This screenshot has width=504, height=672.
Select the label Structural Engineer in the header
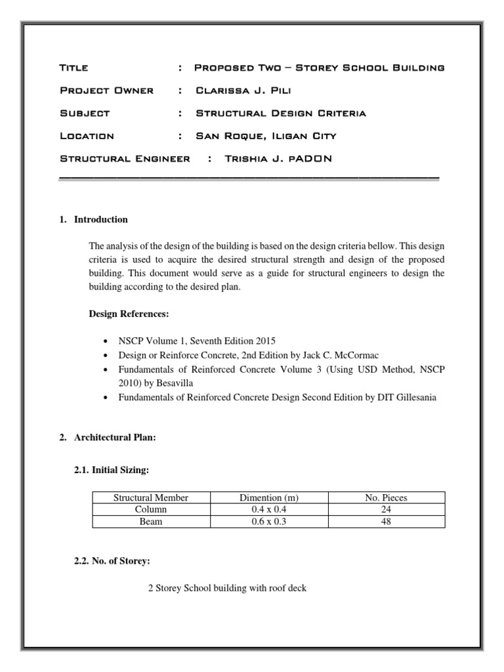tap(125, 159)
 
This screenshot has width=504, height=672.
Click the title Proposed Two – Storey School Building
tap(320, 68)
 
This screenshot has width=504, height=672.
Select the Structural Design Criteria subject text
tap(281, 113)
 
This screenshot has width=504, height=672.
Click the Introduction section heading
tap(101, 220)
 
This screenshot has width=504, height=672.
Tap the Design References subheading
tap(129, 314)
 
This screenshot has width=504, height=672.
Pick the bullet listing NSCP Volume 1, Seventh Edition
tap(196, 341)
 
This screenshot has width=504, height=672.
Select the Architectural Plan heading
tap(115, 439)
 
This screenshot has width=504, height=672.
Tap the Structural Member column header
tap(151, 498)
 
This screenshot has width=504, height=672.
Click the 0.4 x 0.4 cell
tap(268, 510)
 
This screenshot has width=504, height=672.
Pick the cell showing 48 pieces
tap(386, 522)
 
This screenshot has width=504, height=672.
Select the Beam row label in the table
tap(151, 522)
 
